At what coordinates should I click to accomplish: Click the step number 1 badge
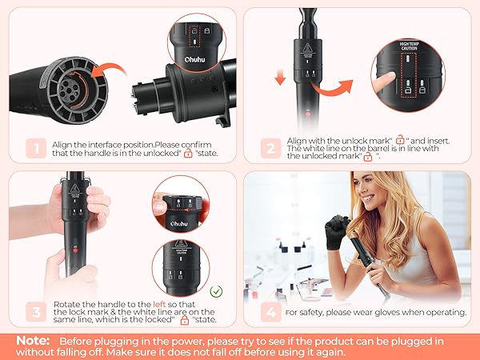point(34,147)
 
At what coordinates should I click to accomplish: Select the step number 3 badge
point(34,311)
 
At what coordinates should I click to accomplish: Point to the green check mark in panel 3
point(217,291)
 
